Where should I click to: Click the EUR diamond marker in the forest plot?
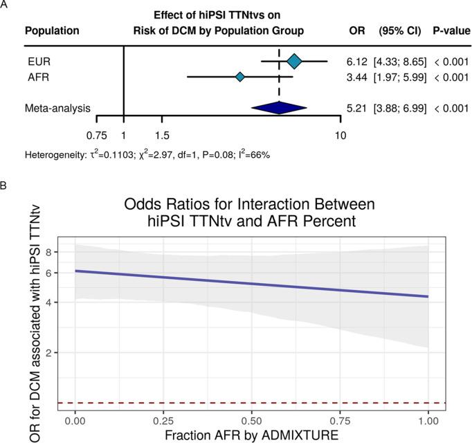294,62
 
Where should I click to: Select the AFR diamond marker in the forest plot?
239,77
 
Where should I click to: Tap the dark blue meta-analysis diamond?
278,108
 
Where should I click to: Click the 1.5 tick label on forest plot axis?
162,135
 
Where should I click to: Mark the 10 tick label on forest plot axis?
340,135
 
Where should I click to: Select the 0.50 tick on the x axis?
251,421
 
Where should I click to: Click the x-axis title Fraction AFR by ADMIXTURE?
251,435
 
